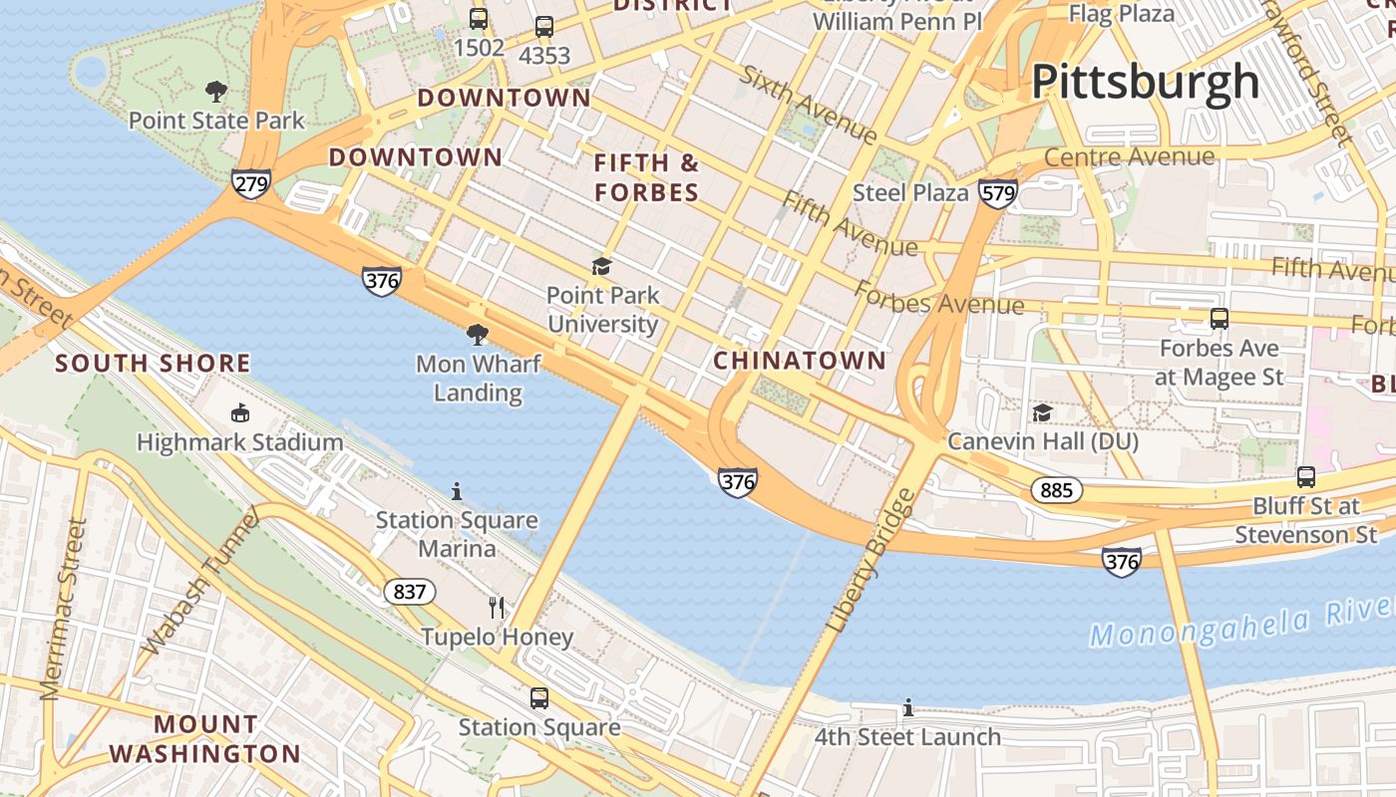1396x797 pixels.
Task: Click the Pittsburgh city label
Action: [1145, 82]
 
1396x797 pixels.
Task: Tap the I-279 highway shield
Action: [250, 183]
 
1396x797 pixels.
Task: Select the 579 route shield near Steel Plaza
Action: [997, 192]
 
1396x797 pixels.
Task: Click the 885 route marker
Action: [1056, 489]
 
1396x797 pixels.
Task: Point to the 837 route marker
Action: [409, 592]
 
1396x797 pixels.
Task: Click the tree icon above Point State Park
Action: [215, 93]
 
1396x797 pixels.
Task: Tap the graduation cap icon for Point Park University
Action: [601, 266]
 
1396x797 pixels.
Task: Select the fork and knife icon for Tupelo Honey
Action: [497, 607]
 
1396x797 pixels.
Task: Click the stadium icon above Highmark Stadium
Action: [239, 412]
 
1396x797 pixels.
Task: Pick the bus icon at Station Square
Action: [539, 698]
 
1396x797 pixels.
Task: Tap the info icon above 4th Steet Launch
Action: [907, 708]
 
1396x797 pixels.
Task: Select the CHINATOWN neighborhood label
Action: [800, 361]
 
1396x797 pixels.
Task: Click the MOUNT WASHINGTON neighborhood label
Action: [204, 739]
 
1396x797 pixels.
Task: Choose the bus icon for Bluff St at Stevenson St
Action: [1306, 477]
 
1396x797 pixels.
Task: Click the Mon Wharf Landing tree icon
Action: [478, 334]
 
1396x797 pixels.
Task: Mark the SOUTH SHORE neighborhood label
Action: [153, 364]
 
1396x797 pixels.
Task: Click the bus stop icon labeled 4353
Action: [543, 27]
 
